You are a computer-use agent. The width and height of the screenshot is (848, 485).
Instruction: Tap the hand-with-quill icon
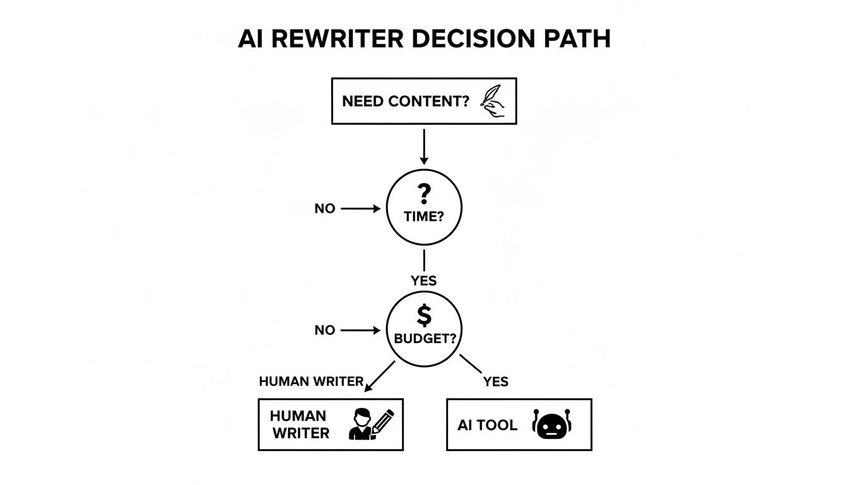[x=493, y=101]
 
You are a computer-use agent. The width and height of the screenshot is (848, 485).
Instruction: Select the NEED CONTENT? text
[x=406, y=101]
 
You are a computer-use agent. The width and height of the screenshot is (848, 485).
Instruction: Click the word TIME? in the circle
[x=424, y=216]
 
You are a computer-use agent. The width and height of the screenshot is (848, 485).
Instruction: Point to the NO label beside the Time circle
[x=325, y=208]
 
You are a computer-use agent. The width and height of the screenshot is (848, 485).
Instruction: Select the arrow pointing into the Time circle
[x=361, y=208]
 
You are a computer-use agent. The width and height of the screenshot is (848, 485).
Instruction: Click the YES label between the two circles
[x=423, y=280]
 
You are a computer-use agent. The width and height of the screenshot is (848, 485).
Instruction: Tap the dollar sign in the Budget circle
[x=424, y=314]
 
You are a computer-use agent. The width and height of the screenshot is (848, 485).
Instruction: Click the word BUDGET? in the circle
[x=424, y=338]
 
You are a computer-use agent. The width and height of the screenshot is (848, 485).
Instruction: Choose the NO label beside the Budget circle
[x=325, y=330]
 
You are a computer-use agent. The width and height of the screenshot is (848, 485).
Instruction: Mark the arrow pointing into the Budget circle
[x=361, y=330]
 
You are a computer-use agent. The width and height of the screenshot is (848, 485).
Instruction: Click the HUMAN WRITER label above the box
[x=311, y=381]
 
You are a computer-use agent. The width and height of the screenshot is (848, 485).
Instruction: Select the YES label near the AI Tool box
[x=495, y=381]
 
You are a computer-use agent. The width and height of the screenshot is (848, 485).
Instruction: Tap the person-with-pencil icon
[x=370, y=424]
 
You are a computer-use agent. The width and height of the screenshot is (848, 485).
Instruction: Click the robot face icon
[x=551, y=424]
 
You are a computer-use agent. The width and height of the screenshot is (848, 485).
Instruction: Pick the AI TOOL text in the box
[x=487, y=425]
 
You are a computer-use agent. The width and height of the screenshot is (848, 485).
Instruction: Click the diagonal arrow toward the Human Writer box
[x=380, y=376]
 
